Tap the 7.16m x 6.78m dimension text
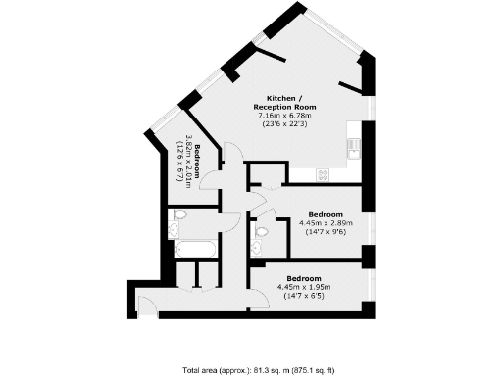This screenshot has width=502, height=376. (x=284, y=115)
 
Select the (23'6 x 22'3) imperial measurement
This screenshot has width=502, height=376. (x=284, y=124)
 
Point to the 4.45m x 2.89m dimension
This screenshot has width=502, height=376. (x=325, y=223)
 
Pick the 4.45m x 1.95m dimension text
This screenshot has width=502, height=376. (x=306, y=286)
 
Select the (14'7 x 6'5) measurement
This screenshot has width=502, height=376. (x=306, y=296)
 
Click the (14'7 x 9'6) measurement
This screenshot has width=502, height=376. (x=325, y=233)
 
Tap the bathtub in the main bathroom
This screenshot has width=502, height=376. (x=196, y=249)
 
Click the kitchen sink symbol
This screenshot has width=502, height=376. (x=353, y=149)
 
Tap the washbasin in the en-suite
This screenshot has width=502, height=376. (x=256, y=249)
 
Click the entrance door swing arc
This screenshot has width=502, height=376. (x=145, y=305)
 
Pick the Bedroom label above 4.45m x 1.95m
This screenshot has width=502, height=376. (x=306, y=276)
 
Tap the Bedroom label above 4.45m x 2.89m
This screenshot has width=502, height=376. (x=325, y=213)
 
